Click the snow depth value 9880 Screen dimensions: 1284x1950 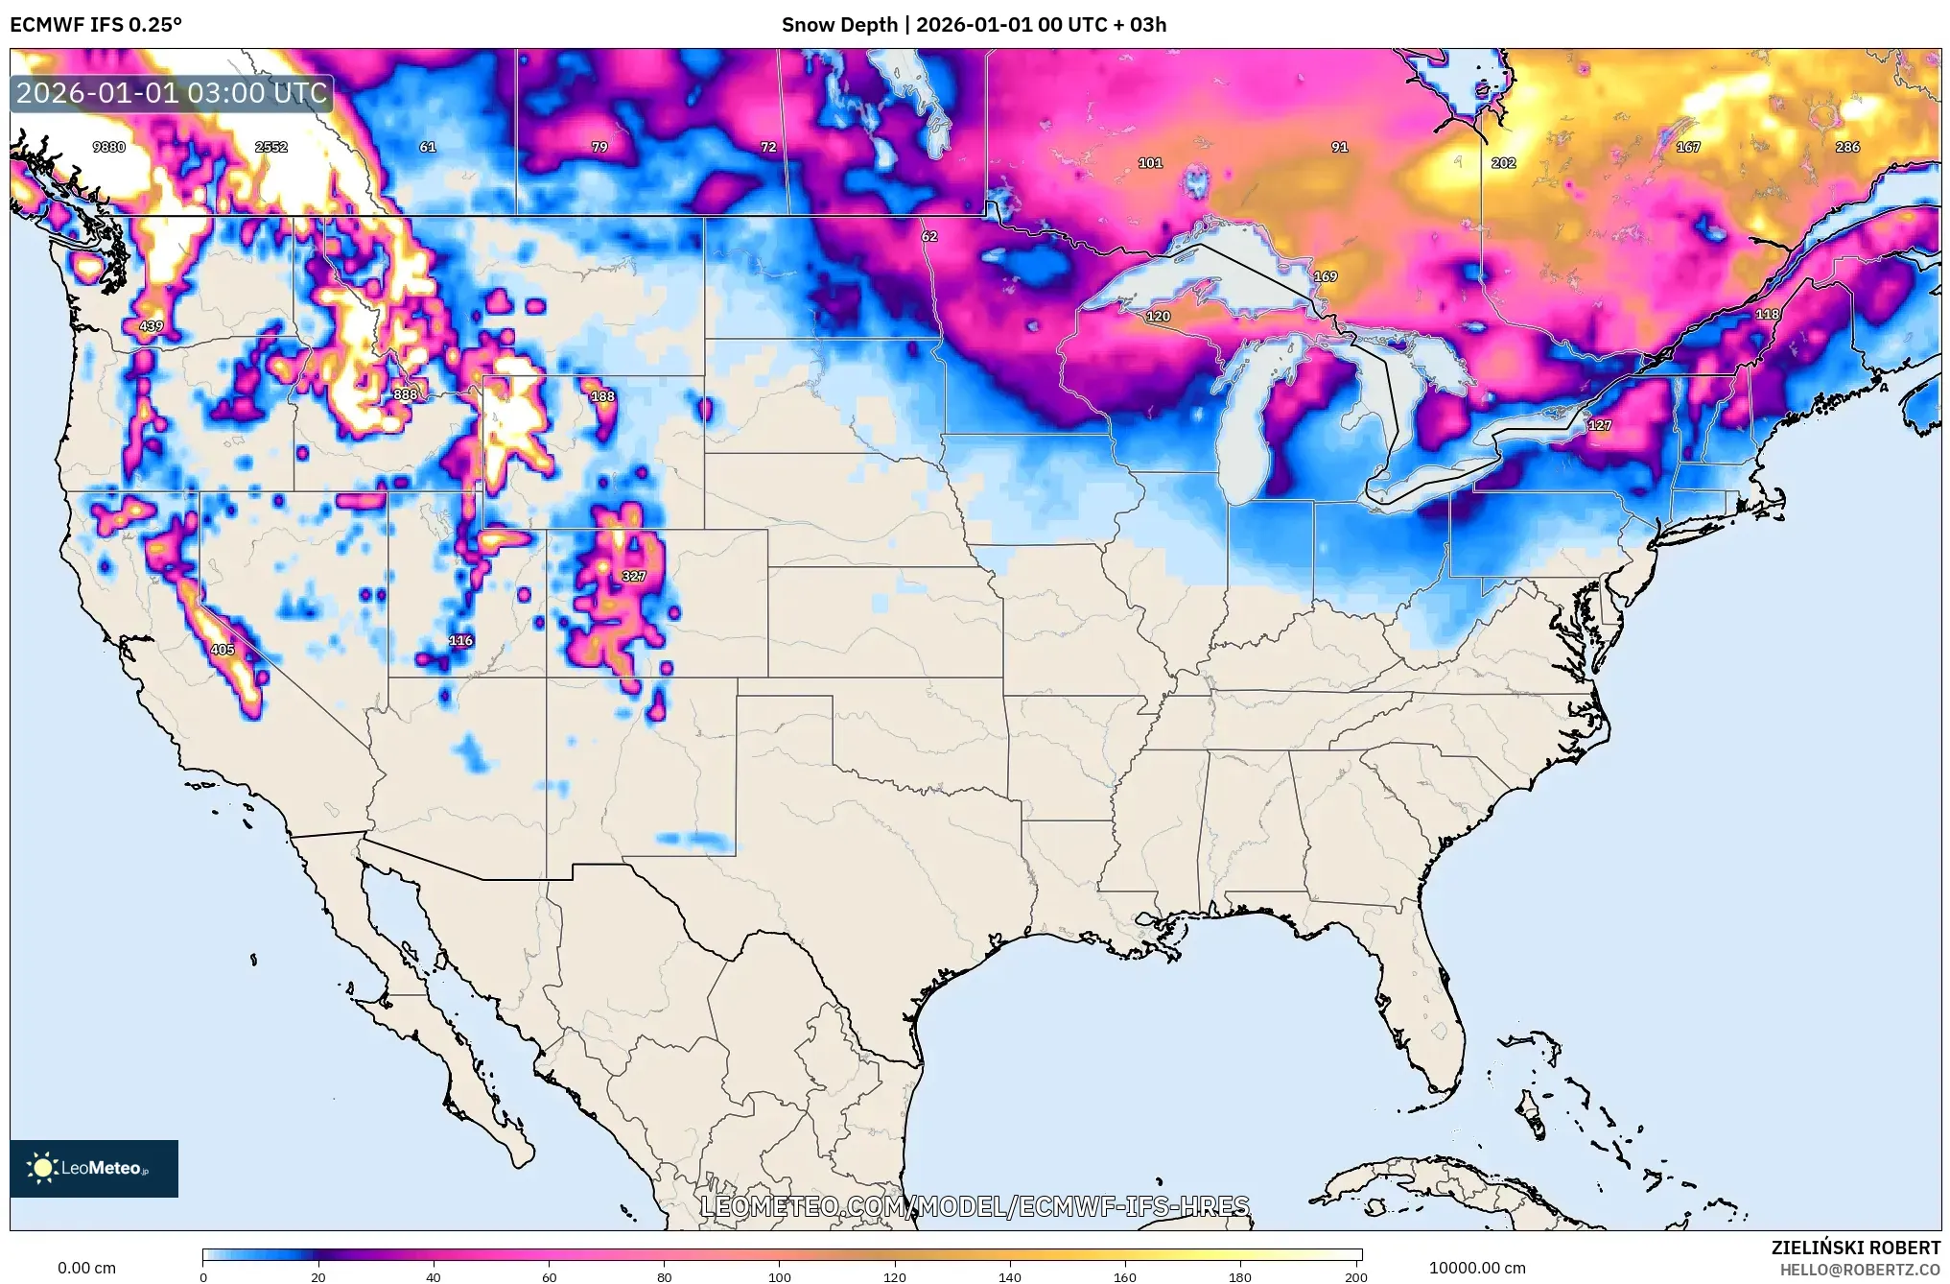(108, 147)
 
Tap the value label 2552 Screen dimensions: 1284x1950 (271, 147)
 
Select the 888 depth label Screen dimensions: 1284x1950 (405, 394)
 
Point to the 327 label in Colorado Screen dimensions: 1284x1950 (633, 576)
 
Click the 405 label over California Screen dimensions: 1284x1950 (223, 650)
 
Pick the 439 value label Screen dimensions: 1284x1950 (152, 326)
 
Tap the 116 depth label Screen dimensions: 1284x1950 (460, 640)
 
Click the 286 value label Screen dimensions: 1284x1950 (1846, 147)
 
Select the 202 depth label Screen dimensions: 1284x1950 (1503, 163)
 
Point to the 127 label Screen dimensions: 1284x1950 (1599, 425)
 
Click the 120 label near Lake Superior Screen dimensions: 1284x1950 (1158, 316)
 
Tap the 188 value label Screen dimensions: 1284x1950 (602, 396)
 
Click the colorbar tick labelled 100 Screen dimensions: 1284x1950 (779, 1276)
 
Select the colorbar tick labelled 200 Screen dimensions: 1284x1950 (1354, 1276)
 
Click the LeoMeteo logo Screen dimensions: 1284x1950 (94, 1168)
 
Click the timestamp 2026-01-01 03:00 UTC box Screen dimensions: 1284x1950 (172, 93)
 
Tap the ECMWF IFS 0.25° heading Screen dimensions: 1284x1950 (96, 25)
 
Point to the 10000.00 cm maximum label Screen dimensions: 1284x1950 (1476, 1268)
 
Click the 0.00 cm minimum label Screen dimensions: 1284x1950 (86, 1268)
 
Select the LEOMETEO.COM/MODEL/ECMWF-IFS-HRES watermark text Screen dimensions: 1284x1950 (975, 1206)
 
